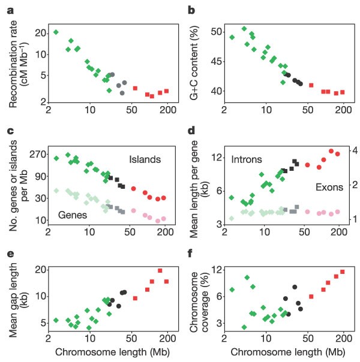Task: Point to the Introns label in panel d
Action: [x=248, y=159]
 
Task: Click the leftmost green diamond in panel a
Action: [x=56, y=32]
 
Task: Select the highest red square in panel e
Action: [x=160, y=271]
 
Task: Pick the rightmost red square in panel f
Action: [x=343, y=272]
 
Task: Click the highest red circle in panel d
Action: [x=331, y=151]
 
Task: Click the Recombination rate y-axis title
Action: [x=16, y=59]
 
